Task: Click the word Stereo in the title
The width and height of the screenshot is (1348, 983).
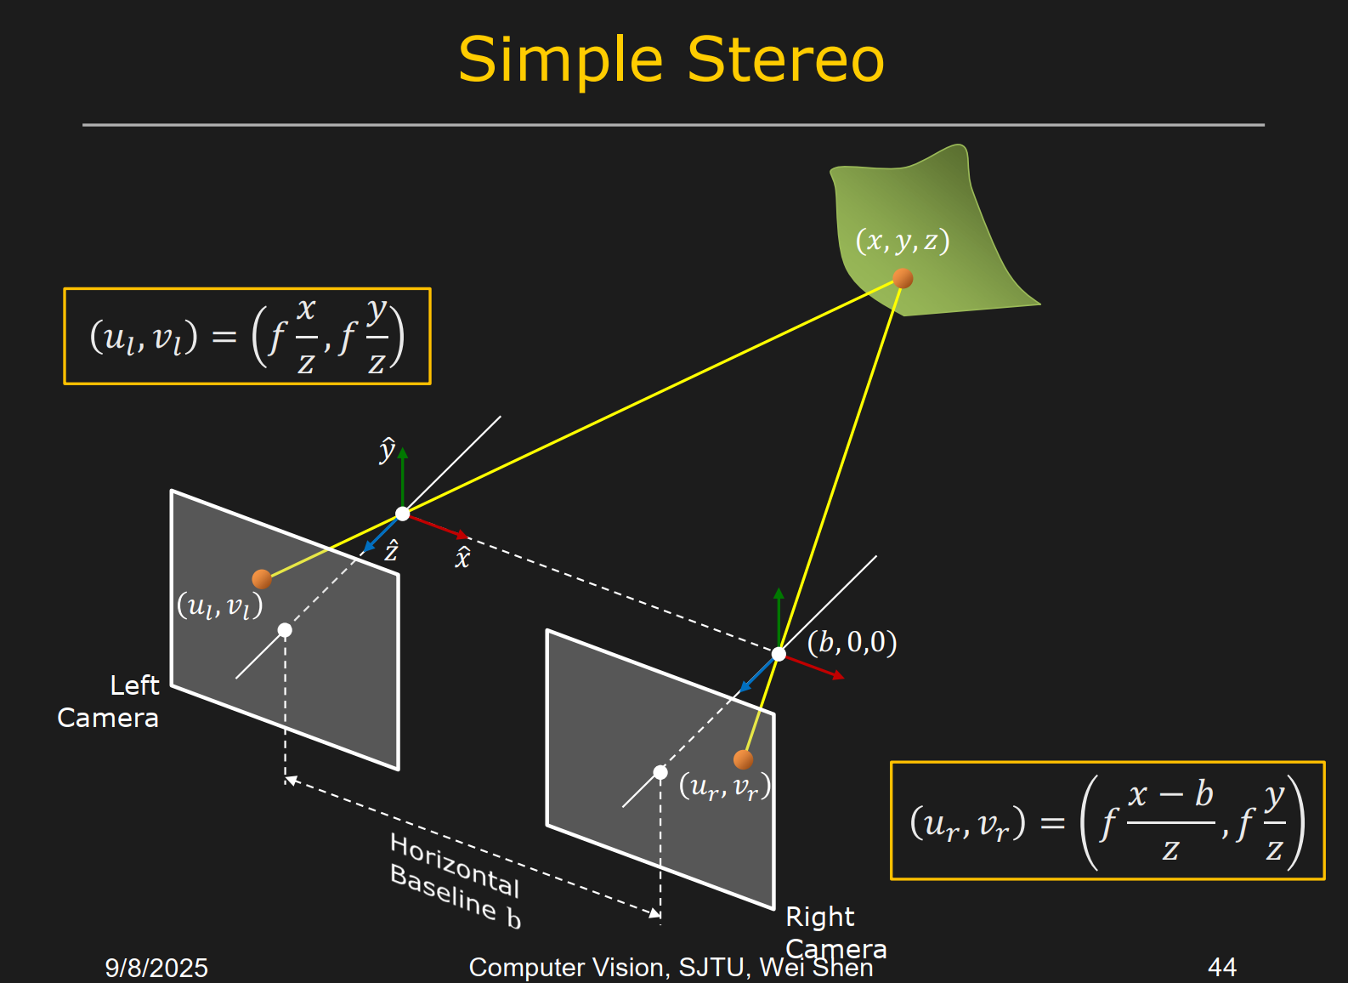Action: point(785,60)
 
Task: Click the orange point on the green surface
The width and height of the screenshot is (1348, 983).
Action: point(903,278)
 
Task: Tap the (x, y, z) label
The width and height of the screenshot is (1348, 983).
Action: point(902,241)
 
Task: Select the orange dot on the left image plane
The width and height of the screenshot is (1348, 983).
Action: point(262,579)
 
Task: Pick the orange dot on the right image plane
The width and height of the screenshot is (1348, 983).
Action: point(743,759)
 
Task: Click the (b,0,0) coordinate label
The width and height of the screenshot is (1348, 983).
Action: point(852,642)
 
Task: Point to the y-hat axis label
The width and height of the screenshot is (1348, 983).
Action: point(387,450)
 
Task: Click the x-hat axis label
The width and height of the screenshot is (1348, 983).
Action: point(462,558)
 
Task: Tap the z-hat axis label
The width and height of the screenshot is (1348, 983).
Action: point(391,551)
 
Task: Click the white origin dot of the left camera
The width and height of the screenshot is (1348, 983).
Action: point(403,514)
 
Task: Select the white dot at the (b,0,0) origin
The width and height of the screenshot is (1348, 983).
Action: point(779,654)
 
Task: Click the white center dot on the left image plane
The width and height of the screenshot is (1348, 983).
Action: point(285,630)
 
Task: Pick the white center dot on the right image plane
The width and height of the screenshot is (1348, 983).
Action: point(660,772)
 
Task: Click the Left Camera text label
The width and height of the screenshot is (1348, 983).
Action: point(109,702)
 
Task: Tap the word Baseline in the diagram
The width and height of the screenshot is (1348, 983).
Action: point(442,891)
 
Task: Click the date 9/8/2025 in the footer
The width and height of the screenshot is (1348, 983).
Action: point(156,968)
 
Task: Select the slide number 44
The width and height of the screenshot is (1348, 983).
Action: point(1221,967)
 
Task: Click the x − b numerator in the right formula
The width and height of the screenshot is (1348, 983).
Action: point(1170,795)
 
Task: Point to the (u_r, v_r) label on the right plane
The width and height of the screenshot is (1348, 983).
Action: point(724,787)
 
